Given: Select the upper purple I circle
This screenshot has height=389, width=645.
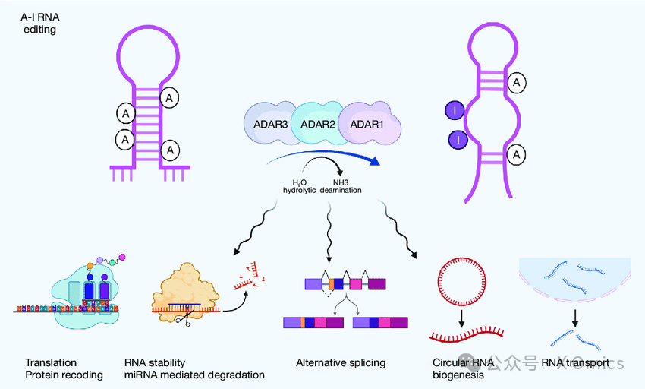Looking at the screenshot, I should coord(454,112).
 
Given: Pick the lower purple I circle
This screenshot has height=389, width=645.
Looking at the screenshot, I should coord(458,140).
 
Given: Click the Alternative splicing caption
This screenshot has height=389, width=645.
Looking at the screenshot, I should coord(341,363).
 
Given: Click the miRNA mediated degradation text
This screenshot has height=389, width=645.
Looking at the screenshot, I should coord(194,375).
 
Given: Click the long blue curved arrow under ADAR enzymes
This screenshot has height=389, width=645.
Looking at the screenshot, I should coord(326,157).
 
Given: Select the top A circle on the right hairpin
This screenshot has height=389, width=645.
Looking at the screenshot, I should coord(516,81).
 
